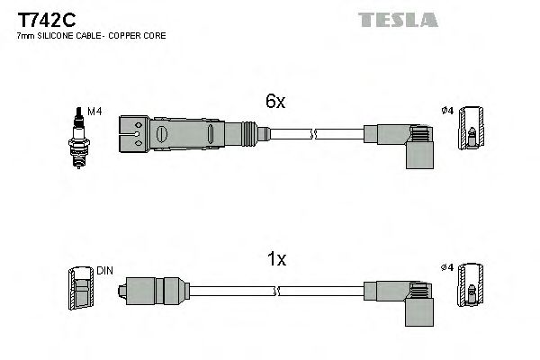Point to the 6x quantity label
[274, 103]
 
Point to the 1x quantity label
[276, 259]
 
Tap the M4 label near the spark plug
[94, 112]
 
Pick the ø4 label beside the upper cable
[445, 112]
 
